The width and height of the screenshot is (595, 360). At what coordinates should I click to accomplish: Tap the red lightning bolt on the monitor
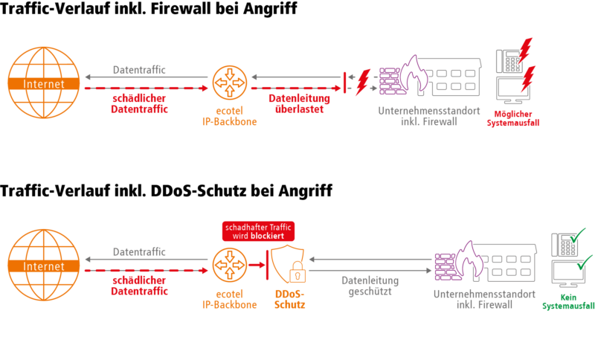(528, 77)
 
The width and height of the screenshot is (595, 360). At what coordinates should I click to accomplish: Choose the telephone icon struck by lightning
(508, 61)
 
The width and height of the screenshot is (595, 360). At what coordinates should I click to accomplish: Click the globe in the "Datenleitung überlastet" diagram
(43, 83)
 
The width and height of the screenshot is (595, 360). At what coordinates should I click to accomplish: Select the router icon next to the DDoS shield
(229, 265)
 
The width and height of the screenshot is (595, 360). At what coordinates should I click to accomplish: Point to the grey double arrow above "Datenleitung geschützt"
(370, 260)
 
